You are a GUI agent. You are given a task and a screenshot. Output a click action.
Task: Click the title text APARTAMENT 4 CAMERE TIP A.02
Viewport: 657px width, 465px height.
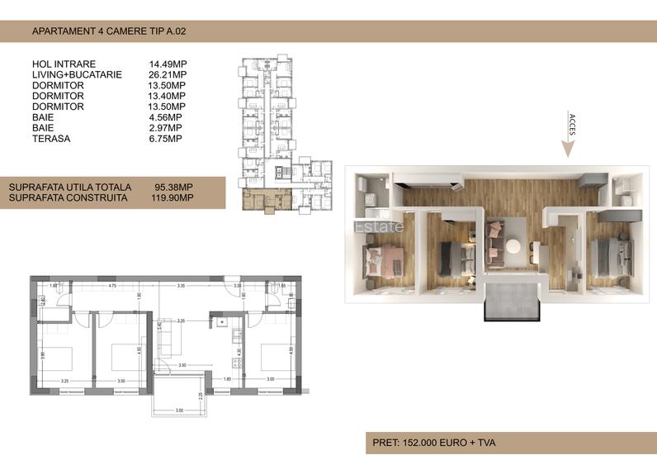(113, 31)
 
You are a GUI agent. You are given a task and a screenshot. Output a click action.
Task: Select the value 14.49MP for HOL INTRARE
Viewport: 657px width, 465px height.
(168, 64)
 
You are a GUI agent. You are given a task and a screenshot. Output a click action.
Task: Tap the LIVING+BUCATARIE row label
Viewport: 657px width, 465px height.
(77, 74)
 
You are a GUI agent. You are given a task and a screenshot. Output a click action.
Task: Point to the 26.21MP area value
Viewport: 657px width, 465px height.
(168, 74)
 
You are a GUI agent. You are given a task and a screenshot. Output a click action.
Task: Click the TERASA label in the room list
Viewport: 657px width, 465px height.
(51, 139)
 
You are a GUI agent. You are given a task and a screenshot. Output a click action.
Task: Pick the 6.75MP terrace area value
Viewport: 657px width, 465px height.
(165, 139)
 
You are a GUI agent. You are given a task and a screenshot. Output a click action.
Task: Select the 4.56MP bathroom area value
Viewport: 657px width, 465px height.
(165, 117)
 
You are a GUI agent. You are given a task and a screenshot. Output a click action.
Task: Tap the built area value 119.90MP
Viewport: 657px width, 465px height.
(173, 198)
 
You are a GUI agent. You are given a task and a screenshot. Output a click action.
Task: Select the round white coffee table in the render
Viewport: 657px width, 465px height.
(513, 245)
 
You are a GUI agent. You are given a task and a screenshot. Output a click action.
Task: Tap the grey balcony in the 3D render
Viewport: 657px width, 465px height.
(513, 301)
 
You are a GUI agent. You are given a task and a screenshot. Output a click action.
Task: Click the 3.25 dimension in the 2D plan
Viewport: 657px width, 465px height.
(64, 380)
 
